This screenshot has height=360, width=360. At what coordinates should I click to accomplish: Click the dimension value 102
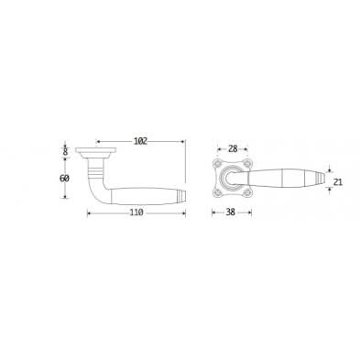click(x=140, y=141)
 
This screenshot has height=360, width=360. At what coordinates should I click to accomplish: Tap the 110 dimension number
click(x=136, y=213)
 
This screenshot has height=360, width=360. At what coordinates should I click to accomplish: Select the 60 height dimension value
click(x=64, y=179)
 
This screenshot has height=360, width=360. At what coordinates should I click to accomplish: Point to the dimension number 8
click(x=65, y=152)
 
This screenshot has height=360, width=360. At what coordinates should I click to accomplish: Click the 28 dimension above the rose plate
click(x=233, y=149)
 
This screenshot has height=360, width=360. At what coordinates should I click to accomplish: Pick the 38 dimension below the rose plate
click(x=231, y=213)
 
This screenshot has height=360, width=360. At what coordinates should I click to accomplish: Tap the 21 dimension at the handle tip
click(x=338, y=182)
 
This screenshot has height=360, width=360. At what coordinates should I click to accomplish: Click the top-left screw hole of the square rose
click(x=218, y=164)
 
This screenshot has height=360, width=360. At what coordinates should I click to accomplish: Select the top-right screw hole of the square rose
click(x=246, y=164)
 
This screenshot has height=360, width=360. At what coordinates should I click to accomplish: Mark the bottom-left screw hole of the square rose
click(x=218, y=192)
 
